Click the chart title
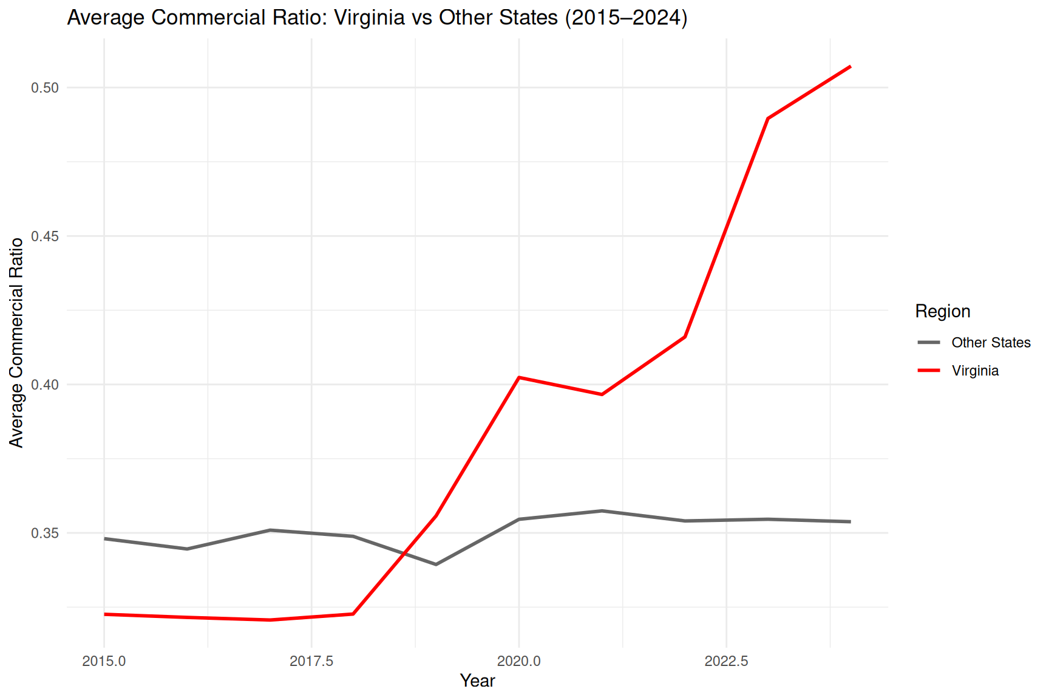coord(377,18)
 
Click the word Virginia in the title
coord(369,18)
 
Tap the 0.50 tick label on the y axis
coord(45,87)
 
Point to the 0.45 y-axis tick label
coord(45,236)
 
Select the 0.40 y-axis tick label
coord(45,385)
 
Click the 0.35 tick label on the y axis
coord(45,533)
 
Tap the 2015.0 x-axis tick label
coord(104,661)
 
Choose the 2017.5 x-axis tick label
coord(311,661)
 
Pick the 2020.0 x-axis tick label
coord(518,661)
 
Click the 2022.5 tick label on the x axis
coord(726,661)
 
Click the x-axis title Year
coord(478,681)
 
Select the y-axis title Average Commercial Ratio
coord(16,343)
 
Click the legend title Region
coord(943,312)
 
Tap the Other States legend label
coord(991,343)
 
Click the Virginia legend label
coord(975,371)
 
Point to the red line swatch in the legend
coord(929,371)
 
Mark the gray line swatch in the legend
coord(929,343)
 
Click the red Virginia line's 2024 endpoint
coord(850,66)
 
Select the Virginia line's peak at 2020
coord(518,377)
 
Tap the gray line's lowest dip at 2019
coord(436,564)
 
